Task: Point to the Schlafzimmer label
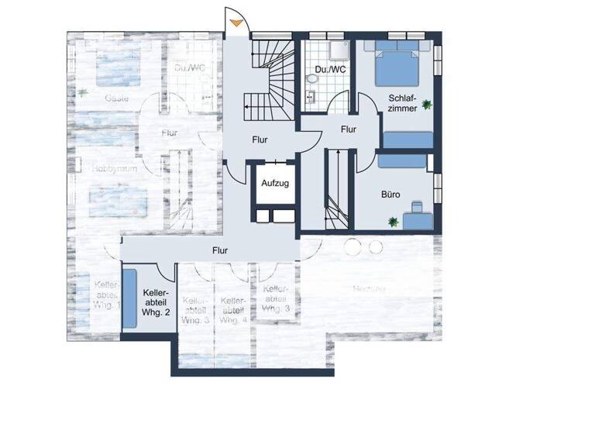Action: [x=403, y=103]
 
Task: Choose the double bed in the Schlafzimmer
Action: [x=399, y=65]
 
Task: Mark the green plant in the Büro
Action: [x=393, y=222]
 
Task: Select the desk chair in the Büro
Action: [x=418, y=208]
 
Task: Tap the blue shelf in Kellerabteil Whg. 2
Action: [x=129, y=298]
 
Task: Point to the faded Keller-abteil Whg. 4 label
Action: [x=233, y=309]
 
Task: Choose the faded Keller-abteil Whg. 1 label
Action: [x=105, y=294]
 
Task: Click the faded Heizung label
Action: [x=369, y=288]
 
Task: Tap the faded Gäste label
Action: [x=117, y=98]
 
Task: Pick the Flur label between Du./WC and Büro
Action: [x=349, y=129]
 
